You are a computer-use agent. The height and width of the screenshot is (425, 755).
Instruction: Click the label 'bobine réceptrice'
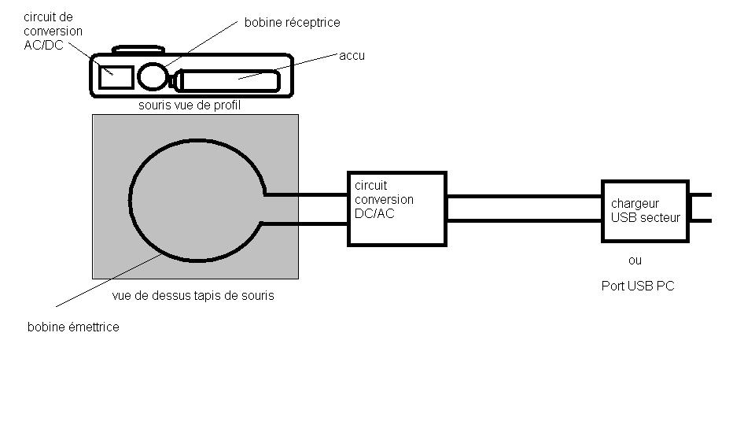point(292,23)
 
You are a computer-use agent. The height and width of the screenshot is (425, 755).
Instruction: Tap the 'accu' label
point(352,56)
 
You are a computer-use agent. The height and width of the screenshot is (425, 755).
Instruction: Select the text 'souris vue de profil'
point(189,105)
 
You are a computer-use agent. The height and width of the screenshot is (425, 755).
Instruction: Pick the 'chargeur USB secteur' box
point(645,211)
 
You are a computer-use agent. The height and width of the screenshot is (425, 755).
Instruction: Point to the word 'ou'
point(635,260)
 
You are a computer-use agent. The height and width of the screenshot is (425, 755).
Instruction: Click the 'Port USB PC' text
point(638,286)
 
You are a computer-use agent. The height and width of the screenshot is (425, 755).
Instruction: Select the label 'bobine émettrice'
point(73,327)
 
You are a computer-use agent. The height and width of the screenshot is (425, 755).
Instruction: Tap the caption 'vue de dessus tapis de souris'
point(193,296)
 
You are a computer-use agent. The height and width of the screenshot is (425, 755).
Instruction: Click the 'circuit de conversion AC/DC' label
point(53,31)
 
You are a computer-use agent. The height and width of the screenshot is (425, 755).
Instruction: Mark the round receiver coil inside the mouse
point(153,76)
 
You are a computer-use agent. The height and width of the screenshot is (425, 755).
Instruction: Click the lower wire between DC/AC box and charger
point(524,221)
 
